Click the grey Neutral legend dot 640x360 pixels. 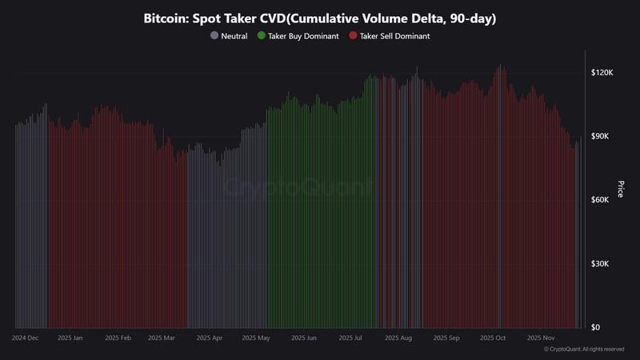(214, 36)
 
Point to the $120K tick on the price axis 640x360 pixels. (601, 72)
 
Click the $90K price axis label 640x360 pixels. (601, 136)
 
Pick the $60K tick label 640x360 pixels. (601, 200)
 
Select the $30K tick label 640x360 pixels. (601, 264)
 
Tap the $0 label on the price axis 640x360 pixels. (595, 328)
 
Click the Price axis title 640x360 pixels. (621, 190)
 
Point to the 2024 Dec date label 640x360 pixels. (25, 338)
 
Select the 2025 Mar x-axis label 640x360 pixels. (162, 338)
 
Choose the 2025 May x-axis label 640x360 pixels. (256, 338)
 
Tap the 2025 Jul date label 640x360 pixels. (350, 338)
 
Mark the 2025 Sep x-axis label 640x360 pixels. (446, 338)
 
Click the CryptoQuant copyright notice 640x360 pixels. (583, 350)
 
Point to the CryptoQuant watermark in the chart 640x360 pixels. (296, 189)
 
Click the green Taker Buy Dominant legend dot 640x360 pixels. (262, 36)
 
